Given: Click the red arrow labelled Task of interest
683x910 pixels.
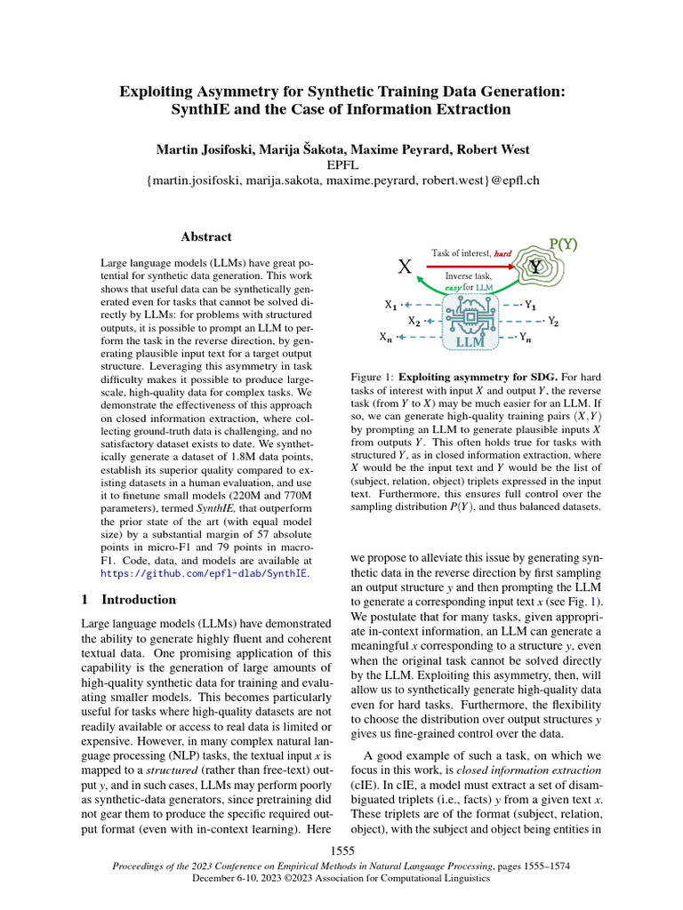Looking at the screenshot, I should tap(470, 264).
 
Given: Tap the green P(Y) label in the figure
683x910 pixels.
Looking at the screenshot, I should tap(563, 243).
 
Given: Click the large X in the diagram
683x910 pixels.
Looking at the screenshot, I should tap(405, 267).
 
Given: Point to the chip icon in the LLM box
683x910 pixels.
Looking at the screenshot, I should tap(468, 315).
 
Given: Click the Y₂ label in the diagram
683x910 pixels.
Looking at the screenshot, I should tap(553, 321).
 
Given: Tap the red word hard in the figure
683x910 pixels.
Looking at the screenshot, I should tap(503, 253).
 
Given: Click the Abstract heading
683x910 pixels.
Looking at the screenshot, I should tap(206, 237).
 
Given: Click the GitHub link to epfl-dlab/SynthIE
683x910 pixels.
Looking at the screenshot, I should tap(205, 574).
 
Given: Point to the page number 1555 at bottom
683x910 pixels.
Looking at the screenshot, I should tap(341, 850).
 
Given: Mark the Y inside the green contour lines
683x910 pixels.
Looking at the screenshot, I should tap(534, 267).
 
